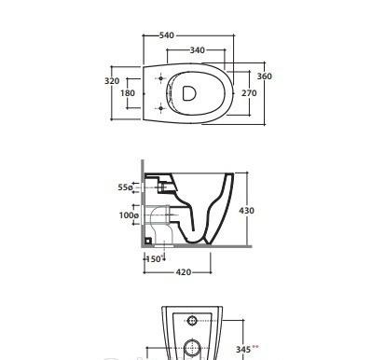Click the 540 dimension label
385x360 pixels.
[167, 35]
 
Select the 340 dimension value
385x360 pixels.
[198, 50]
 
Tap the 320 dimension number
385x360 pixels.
[112, 81]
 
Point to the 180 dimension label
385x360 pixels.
[128, 93]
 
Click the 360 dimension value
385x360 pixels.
[265, 76]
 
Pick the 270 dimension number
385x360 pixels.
[249, 93]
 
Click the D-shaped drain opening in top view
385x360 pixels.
[189, 93]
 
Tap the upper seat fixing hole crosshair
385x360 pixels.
[160, 78]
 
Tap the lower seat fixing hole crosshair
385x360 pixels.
[160, 108]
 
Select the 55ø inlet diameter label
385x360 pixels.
[125, 187]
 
